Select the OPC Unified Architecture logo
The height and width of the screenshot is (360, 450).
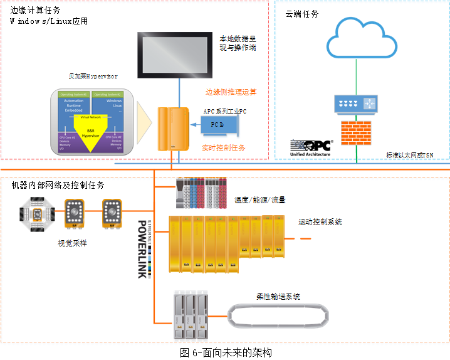tap(311, 148)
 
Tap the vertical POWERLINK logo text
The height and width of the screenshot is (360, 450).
tap(142, 248)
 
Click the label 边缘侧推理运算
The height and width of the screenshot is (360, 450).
tap(231, 92)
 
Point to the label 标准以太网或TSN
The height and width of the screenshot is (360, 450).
tap(410, 155)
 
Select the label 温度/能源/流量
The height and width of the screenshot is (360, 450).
tap(260, 200)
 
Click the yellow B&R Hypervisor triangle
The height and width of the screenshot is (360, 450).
tap(93, 134)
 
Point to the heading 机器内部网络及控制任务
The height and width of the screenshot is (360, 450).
tap(58, 186)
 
